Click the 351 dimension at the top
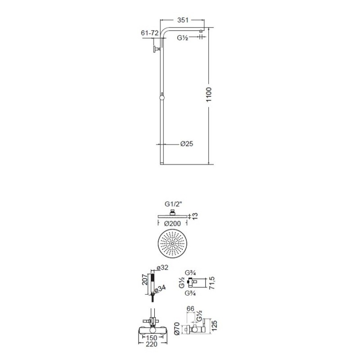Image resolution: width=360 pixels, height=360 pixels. [x=183, y=20]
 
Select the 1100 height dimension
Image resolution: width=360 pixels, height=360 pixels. [x=209, y=94]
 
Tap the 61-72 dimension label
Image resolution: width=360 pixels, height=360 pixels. [x=150, y=33]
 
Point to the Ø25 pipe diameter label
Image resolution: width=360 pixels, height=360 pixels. [x=187, y=144]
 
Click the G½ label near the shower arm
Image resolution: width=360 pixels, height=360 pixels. [x=183, y=38]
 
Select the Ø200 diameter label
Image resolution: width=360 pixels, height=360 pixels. [x=172, y=223]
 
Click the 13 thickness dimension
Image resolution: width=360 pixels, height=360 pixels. [x=195, y=216]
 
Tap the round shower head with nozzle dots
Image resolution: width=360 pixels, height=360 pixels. [x=172, y=243]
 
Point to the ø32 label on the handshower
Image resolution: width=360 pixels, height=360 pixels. [x=162, y=267]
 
